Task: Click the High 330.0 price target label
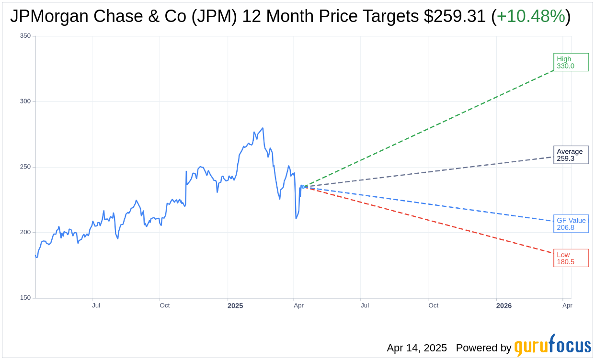pos(571,62)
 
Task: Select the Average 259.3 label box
pos(571,155)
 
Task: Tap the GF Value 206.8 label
pos(571,224)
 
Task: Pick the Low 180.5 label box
pos(571,258)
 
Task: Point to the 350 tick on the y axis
pos(25,36)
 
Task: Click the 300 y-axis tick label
pos(25,101)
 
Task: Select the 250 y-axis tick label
pos(25,167)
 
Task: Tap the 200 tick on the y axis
pos(25,232)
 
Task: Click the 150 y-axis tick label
pos(25,298)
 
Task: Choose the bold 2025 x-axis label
pos(235,306)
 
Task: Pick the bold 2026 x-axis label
pos(504,306)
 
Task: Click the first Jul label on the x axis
pos(96,305)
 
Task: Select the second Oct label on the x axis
pos(433,305)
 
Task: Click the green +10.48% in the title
pos(531,16)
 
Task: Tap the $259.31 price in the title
pos(455,16)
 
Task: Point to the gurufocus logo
pos(552,346)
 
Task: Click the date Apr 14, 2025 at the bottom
pos(417,348)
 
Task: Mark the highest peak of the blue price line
pos(263,128)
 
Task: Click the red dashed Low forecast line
pos(431,220)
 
